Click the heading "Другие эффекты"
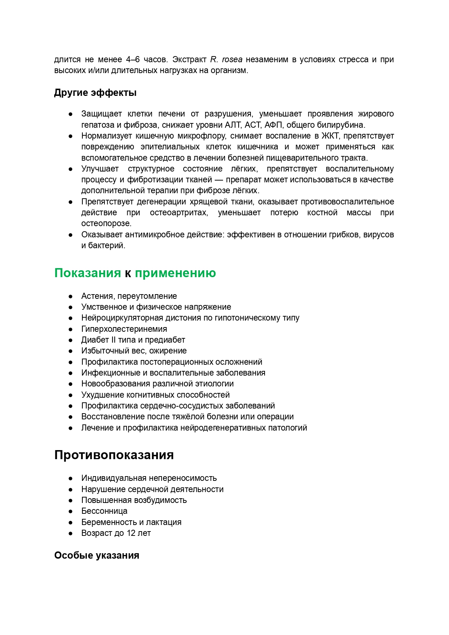pyautogui.click(x=95, y=93)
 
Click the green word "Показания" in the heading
pyautogui.click(x=87, y=273)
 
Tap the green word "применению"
pyautogui.click(x=175, y=273)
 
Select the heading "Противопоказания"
pyautogui.click(x=114, y=455)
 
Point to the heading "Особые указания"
pyautogui.click(x=97, y=555)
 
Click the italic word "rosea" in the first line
pyautogui.click(x=232, y=59)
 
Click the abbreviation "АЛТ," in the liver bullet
pyautogui.click(x=233, y=125)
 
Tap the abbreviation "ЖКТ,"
pyautogui.click(x=330, y=136)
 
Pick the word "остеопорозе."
pyautogui.click(x=106, y=223)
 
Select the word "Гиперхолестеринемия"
pyautogui.click(x=124, y=329)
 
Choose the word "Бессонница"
pyautogui.click(x=104, y=511)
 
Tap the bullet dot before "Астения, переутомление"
pyautogui.click(x=71, y=296)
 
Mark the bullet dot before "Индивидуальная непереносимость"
pyautogui.click(x=71, y=478)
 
